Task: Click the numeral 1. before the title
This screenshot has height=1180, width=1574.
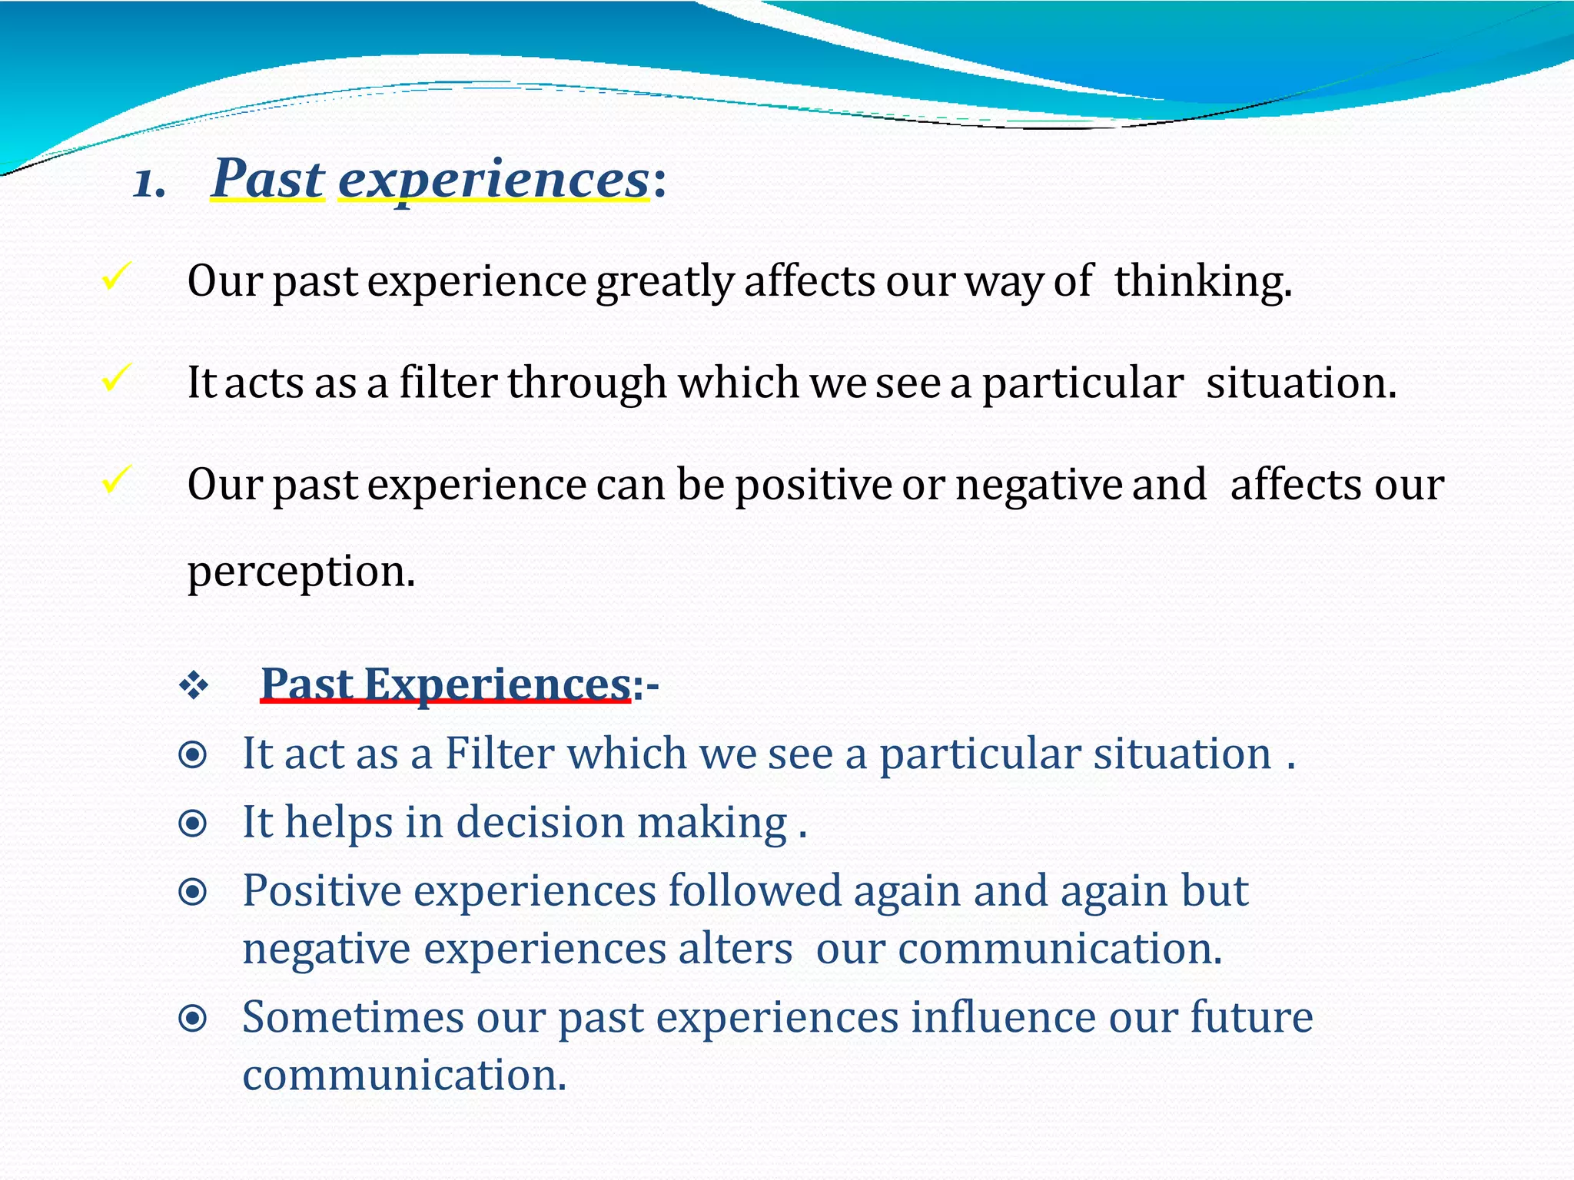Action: click(149, 184)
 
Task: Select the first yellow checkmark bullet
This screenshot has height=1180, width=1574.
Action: click(116, 277)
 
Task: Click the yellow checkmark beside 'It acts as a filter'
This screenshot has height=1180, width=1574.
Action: click(116, 379)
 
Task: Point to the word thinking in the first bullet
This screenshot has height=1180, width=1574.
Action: click(1203, 280)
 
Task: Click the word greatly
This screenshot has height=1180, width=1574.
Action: click(666, 282)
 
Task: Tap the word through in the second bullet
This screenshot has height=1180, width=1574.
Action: click(586, 383)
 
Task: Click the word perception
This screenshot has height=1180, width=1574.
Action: click(301, 572)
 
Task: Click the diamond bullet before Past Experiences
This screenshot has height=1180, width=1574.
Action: click(193, 685)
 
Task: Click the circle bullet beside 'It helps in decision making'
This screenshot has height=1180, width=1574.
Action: click(192, 824)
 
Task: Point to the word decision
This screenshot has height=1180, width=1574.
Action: click(540, 823)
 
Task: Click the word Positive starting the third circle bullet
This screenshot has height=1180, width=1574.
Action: click(322, 891)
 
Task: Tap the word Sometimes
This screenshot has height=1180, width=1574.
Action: click(353, 1018)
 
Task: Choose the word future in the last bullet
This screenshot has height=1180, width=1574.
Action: click(1251, 1018)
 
